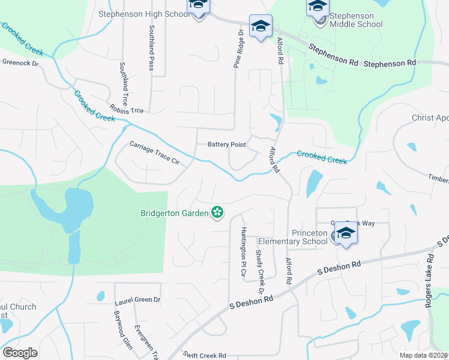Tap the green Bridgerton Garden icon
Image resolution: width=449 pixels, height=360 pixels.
[217, 212]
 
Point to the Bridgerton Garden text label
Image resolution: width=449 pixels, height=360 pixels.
[174, 212]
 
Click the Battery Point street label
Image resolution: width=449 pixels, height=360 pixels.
[227, 145]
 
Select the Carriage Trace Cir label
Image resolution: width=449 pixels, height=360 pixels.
[154, 152]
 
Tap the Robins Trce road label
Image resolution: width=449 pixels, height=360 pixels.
[127, 110]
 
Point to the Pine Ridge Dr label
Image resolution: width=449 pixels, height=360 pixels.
[238, 49]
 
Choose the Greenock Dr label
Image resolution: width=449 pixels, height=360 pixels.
[20, 62]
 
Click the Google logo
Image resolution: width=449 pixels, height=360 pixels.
[20, 352]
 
